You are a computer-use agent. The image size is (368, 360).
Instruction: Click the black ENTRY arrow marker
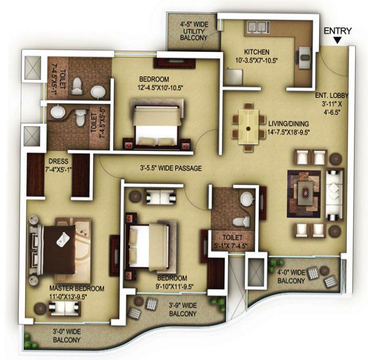point(338,41)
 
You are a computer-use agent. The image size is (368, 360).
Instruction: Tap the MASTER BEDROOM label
point(71,287)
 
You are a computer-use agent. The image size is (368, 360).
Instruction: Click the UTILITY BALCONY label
point(194,31)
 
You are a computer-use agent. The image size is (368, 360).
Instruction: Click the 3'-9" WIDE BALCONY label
point(182,309)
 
